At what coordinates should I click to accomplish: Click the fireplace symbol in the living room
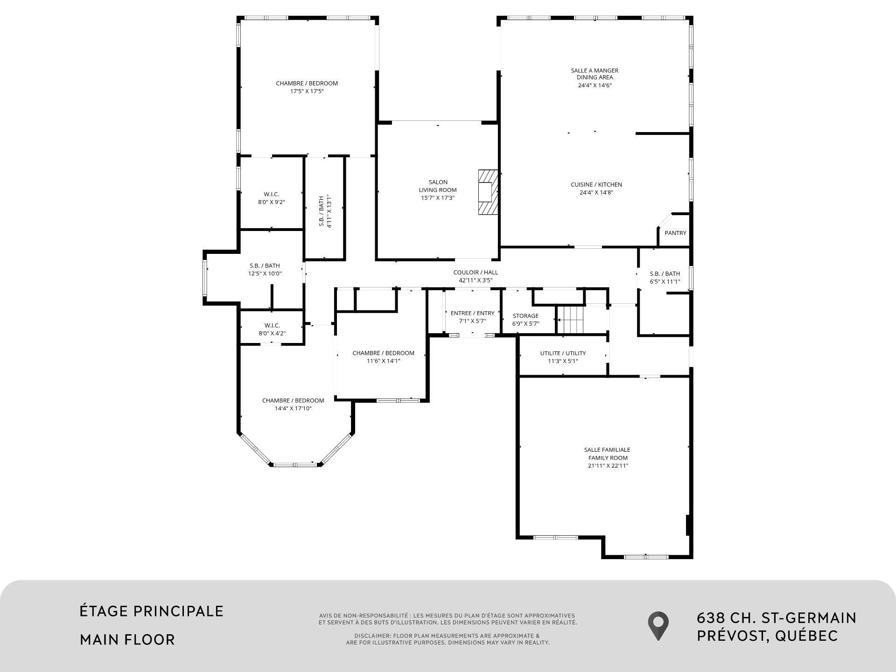488,192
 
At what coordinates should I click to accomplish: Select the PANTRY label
675,233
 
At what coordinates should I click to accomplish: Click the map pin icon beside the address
658,625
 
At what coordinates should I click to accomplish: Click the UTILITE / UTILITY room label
563,353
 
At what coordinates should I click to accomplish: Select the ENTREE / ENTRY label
472,313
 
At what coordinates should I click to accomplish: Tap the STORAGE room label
525,316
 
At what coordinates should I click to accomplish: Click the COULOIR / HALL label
476,273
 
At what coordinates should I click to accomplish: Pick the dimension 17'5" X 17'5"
307,91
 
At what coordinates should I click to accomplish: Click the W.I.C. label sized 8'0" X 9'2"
271,194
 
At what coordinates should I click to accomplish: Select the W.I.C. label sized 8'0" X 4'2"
272,325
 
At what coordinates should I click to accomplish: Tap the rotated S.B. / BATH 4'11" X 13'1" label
325,211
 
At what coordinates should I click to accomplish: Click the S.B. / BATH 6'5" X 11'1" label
665,274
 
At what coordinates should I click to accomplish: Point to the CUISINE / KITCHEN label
596,185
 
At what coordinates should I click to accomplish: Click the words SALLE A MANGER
595,70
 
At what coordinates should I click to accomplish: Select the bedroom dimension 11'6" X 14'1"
383,361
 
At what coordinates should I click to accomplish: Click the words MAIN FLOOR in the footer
127,639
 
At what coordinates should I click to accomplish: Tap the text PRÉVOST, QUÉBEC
767,636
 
